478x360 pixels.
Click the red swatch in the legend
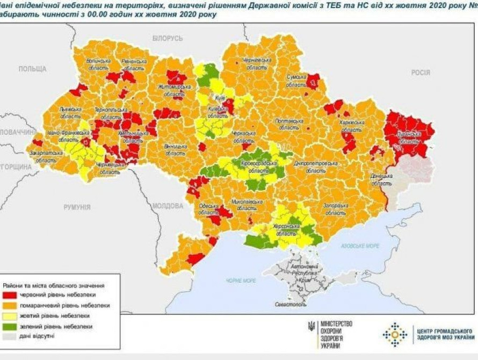click(11, 296)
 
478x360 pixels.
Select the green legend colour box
click(11, 326)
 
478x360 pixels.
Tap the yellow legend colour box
click(11, 316)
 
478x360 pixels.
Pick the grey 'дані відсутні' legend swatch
click(11, 336)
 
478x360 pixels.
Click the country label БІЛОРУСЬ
click(168, 39)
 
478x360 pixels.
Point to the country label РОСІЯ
click(421, 73)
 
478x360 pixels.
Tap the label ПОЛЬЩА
click(32, 69)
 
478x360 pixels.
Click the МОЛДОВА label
click(168, 206)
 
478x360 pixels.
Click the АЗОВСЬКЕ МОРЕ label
click(360, 246)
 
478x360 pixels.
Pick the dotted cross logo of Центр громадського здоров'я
click(395, 334)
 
